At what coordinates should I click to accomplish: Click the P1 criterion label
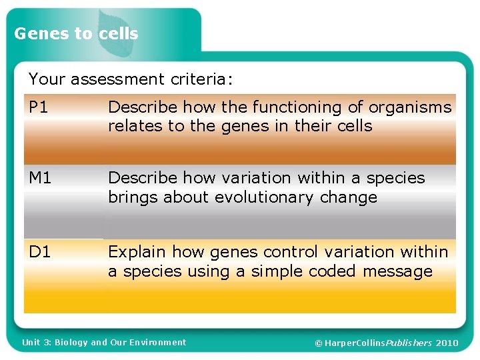pos(39,107)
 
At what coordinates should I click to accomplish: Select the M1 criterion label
pos(40,178)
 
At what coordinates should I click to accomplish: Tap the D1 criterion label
pos(39,252)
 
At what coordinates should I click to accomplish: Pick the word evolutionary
pos(269,198)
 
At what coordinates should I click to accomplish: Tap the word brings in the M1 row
pos(133,198)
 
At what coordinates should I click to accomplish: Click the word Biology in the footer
pos(71,343)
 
